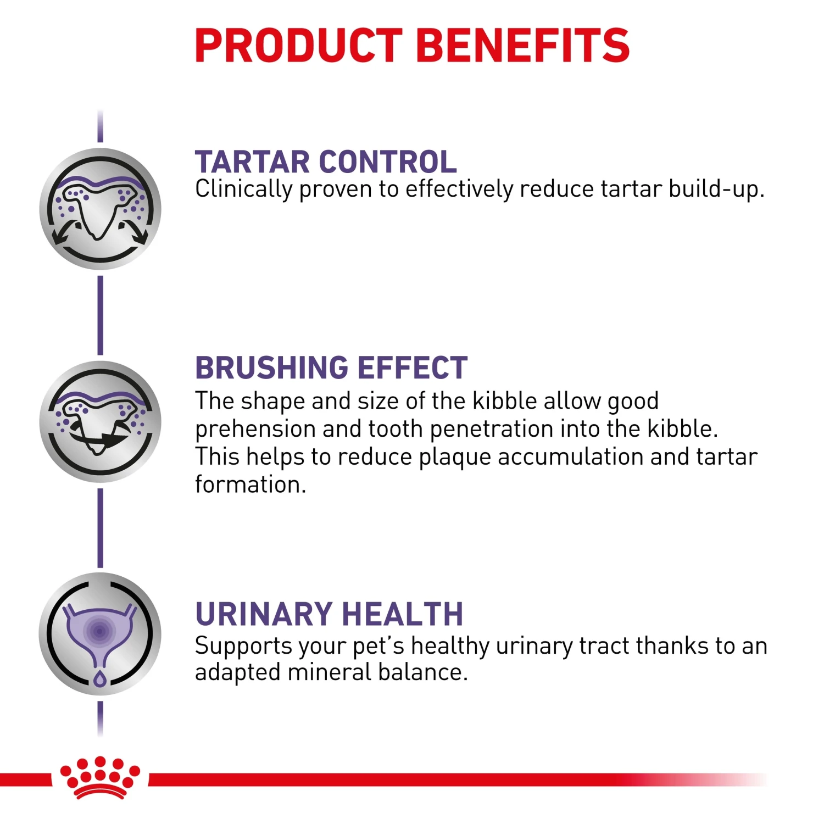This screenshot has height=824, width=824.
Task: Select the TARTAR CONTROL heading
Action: click(x=325, y=162)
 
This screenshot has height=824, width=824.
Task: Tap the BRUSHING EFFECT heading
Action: click(x=331, y=368)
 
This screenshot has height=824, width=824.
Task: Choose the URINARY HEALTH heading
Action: click(x=329, y=614)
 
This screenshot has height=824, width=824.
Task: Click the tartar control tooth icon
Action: click(x=100, y=209)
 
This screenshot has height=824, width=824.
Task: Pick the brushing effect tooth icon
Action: click(x=100, y=421)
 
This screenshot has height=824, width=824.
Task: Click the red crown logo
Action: click(x=100, y=777)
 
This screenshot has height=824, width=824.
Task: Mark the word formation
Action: click(x=249, y=485)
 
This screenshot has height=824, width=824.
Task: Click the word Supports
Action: click(x=243, y=647)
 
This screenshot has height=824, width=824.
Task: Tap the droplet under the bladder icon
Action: click(x=99, y=679)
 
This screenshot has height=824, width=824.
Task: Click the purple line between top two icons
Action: click(x=100, y=315)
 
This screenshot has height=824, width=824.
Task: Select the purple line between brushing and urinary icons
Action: click(x=100, y=527)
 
